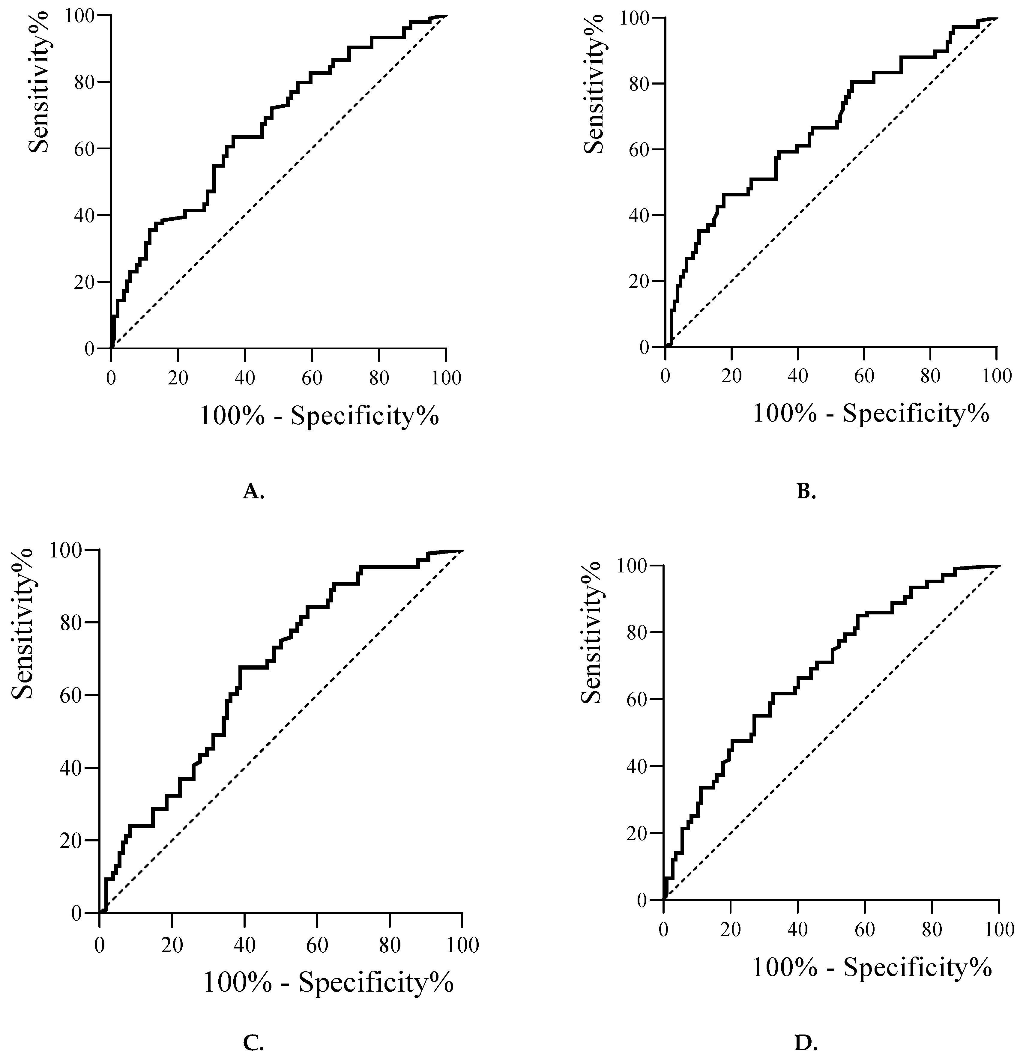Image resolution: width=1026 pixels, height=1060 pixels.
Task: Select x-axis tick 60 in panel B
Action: [x=864, y=376]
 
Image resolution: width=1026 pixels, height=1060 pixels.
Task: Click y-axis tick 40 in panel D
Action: [x=638, y=767]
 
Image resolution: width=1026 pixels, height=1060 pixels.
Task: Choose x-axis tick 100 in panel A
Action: [x=446, y=378]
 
